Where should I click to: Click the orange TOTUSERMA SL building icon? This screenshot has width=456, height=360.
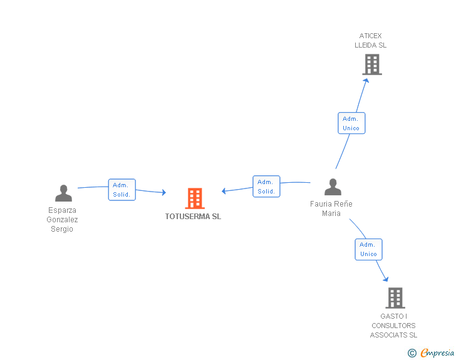[195, 198]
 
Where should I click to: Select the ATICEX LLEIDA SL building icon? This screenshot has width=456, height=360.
[372, 64]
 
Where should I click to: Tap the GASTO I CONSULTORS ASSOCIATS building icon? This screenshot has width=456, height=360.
[395, 298]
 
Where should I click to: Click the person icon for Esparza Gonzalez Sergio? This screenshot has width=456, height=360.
[63, 193]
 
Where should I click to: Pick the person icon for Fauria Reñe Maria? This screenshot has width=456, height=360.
[333, 187]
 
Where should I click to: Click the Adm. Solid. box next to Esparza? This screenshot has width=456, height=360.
[122, 190]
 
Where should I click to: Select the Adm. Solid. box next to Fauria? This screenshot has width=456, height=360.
[266, 187]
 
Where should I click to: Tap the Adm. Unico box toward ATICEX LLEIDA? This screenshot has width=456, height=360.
[351, 123]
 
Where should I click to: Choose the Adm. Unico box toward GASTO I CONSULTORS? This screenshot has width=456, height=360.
[368, 249]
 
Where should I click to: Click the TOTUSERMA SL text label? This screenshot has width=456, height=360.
[193, 217]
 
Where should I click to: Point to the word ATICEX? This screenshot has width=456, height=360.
[370, 36]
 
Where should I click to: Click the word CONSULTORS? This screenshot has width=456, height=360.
[393, 326]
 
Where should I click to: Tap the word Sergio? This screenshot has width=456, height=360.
[62, 229]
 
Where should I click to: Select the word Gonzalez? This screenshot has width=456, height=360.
[62, 220]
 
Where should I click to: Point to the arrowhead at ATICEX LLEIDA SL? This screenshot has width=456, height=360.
[366, 81]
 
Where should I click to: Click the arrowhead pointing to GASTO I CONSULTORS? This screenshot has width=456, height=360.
[386, 279]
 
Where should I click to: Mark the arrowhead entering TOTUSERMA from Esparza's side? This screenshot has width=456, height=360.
[163, 192]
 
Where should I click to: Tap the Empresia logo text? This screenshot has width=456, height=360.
[437, 352]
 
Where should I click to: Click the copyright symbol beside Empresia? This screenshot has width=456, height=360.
[412, 353]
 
